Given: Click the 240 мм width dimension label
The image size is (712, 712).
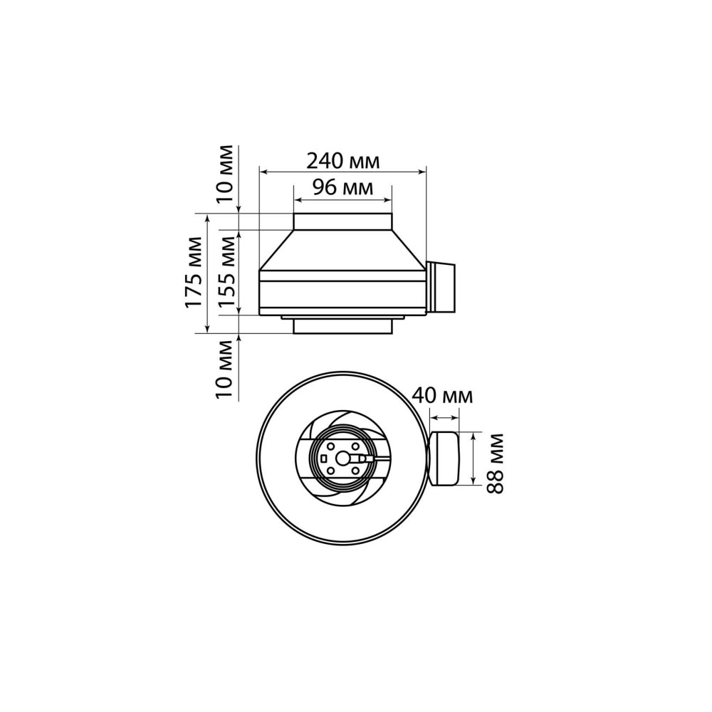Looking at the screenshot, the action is pyautogui.click(x=343, y=161).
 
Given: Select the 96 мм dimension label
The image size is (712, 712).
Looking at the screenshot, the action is pyautogui.click(x=343, y=187).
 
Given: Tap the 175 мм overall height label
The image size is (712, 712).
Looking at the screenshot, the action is pyautogui.click(x=194, y=273).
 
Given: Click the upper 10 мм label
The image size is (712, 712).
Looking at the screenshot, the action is pyautogui.click(x=224, y=174).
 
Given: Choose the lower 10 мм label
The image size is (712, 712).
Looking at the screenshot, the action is pyautogui.click(x=224, y=370).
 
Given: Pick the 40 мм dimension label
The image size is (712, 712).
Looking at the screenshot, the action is pyautogui.click(x=442, y=396).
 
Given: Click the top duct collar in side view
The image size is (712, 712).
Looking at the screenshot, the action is pyautogui.click(x=343, y=221).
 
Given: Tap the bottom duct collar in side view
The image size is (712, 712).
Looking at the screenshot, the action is pyautogui.click(x=343, y=327).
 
